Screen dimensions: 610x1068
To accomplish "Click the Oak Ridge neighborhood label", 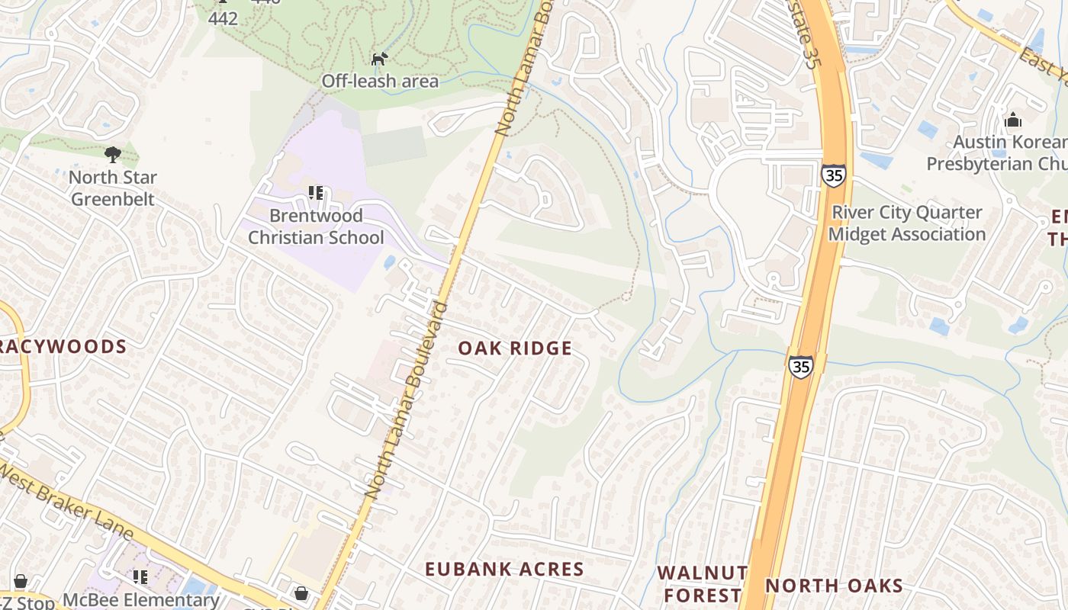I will click(514, 348).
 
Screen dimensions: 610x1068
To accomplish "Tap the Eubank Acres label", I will click(504, 569).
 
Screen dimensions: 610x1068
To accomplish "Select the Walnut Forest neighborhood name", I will click(703, 583).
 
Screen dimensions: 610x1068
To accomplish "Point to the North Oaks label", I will click(834, 586).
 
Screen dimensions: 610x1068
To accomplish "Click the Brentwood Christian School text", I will click(316, 226).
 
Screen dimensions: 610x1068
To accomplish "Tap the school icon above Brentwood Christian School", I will click(315, 194).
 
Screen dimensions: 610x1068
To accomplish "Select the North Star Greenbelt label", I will click(112, 188).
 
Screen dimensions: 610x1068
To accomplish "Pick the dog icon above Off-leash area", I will click(379, 59).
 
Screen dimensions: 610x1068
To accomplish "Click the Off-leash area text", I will click(379, 81).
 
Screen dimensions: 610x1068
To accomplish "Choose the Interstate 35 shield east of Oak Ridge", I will click(800, 366).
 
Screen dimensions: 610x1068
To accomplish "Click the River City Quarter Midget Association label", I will click(906, 223).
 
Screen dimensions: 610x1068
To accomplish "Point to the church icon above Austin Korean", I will click(1013, 120).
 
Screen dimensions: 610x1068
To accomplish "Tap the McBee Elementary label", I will click(141, 600).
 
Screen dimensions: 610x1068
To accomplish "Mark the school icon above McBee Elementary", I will click(140, 577).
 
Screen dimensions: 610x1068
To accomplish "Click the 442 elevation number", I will click(223, 18).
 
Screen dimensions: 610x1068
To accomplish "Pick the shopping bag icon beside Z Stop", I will click(21, 582).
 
